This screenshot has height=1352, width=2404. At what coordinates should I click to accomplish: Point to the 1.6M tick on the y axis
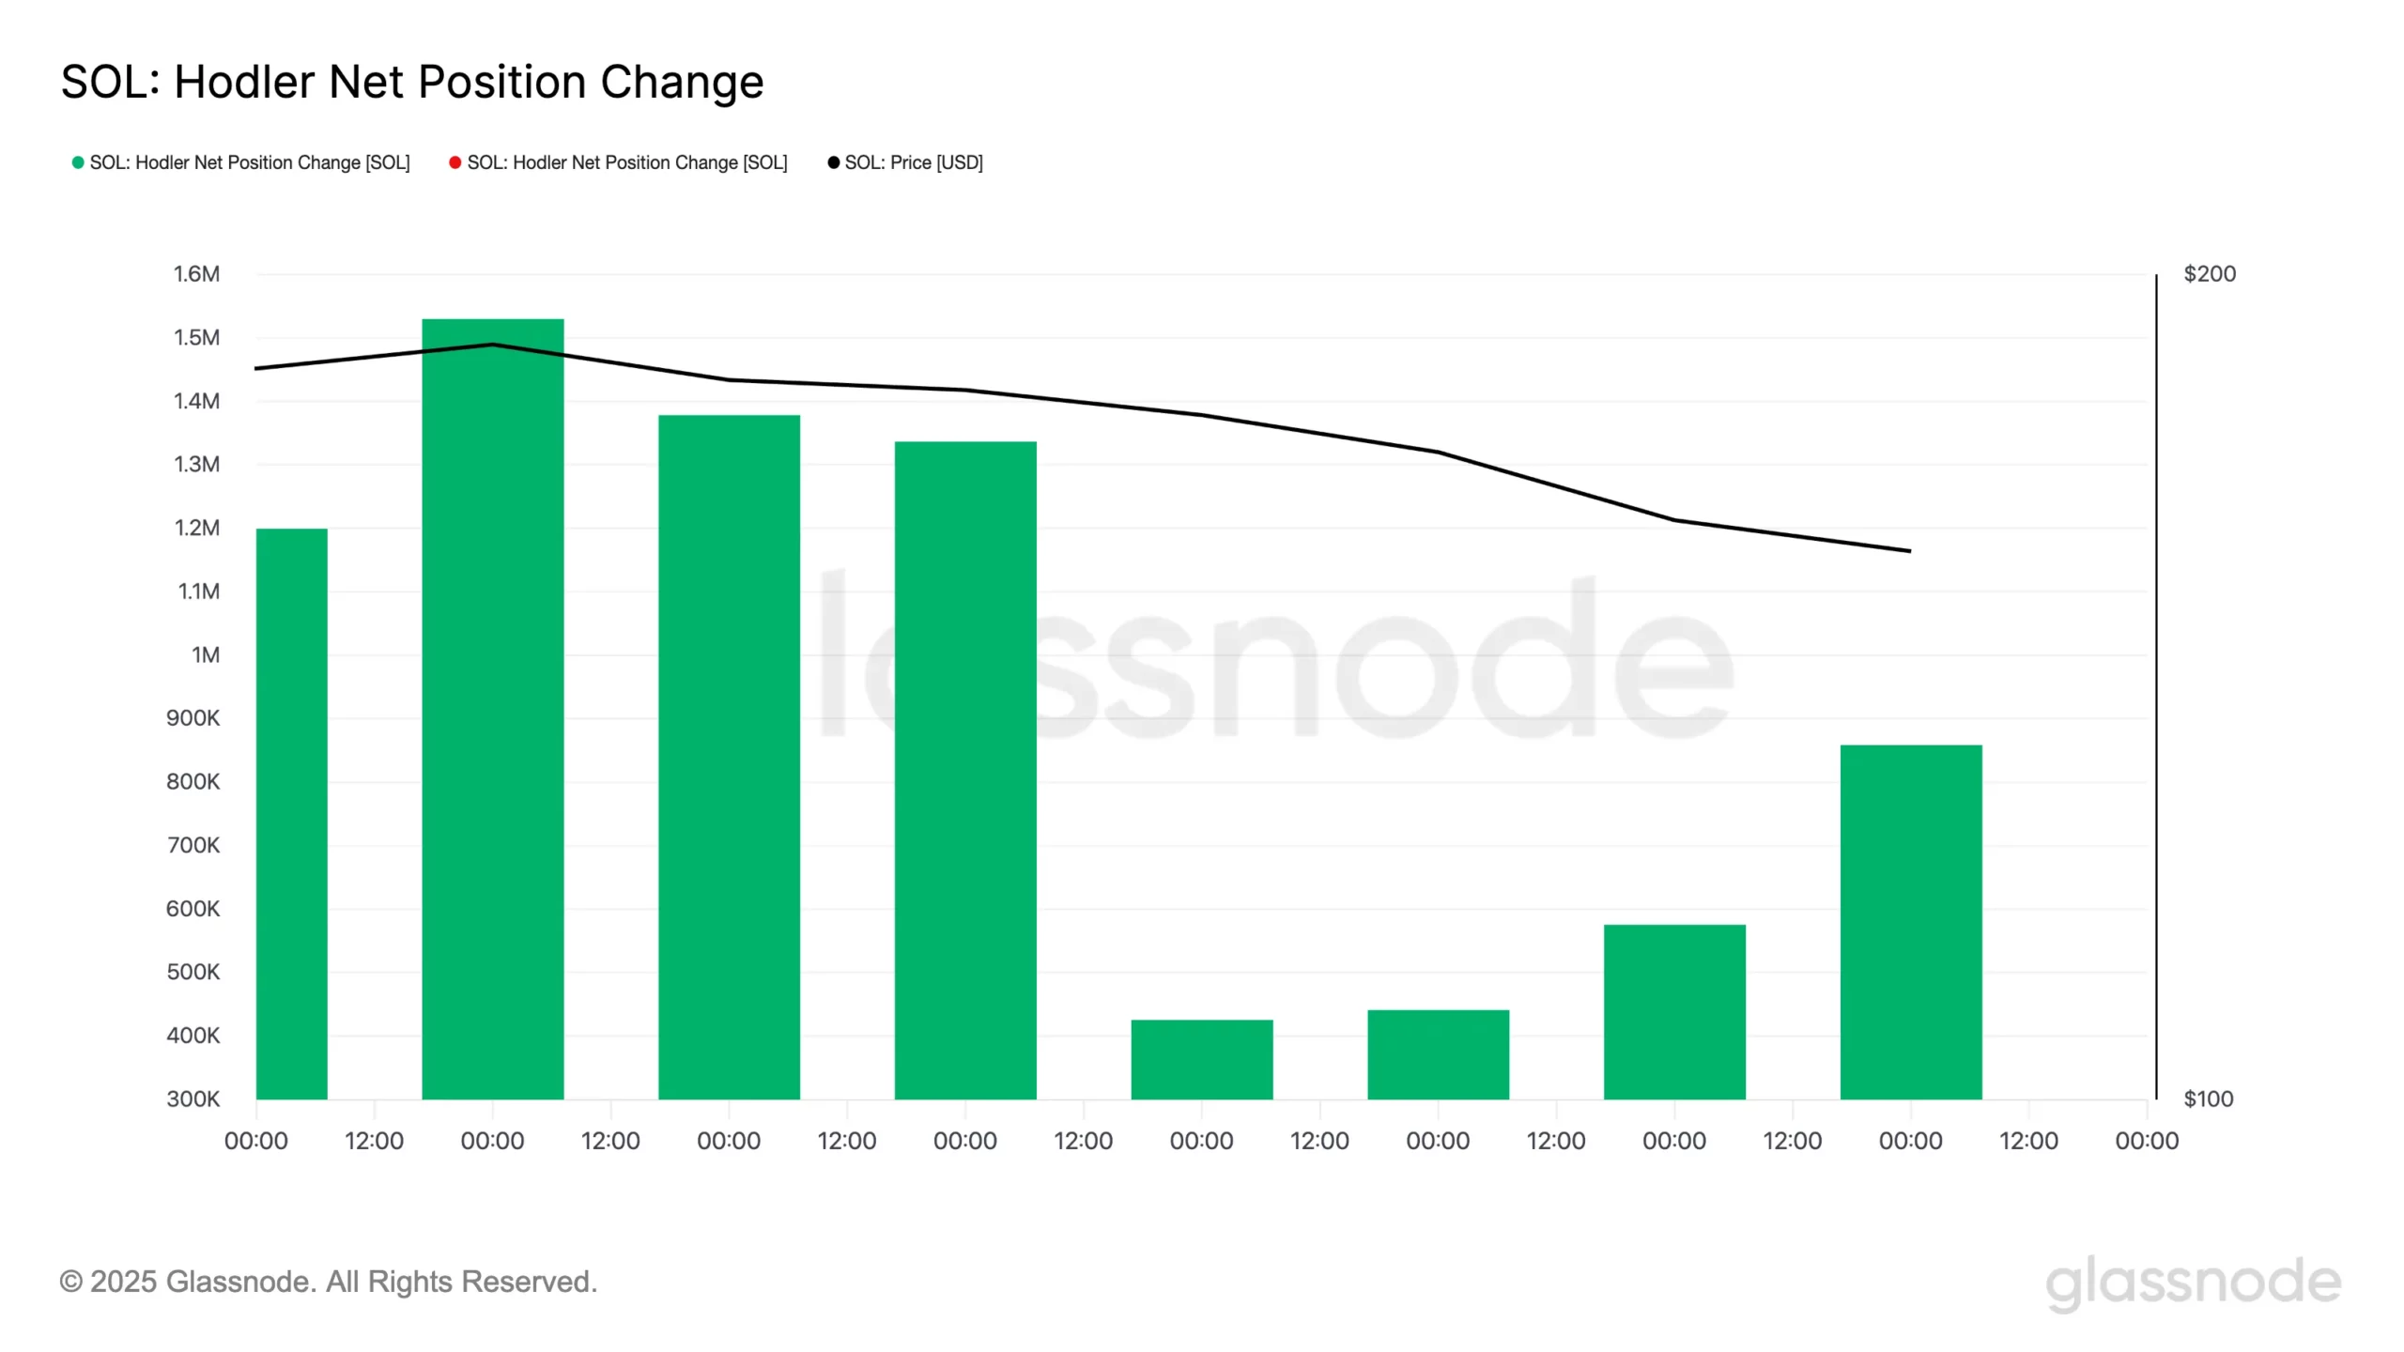point(196,274)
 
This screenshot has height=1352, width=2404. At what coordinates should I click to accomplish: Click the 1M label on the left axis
point(206,654)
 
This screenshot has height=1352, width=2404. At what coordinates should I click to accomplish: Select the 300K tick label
point(193,1098)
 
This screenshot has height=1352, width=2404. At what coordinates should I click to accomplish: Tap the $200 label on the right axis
point(2209,274)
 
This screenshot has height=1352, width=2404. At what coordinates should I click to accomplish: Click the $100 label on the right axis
point(2208,1098)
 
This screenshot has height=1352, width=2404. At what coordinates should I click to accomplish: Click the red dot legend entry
point(618,162)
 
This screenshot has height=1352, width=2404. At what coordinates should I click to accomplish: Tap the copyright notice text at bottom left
point(328,1282)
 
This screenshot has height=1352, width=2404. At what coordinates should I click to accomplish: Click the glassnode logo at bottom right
point(2193,1283)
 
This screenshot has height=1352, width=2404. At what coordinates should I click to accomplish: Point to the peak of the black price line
point(492,345)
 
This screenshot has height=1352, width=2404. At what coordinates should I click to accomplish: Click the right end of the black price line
point(1909,551)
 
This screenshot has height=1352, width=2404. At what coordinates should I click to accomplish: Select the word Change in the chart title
point(682,82)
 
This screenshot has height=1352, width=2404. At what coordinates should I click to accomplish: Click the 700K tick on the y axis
point(193,845)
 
